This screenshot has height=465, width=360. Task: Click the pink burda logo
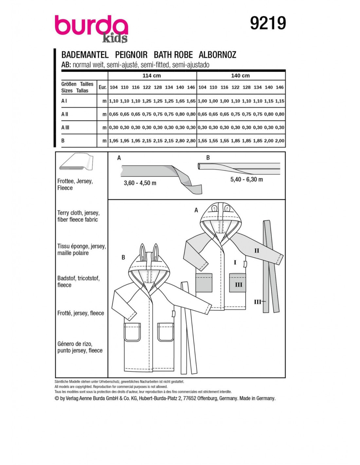coord(91,27)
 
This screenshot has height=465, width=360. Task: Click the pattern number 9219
coord(268,23)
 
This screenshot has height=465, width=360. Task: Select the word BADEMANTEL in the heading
coord(85,55)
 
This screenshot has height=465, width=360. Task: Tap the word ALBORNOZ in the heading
coord(217,55)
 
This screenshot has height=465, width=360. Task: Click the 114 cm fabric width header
coord(152,76)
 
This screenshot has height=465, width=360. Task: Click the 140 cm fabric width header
coord(240,76)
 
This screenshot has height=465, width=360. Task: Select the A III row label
coord(65,128)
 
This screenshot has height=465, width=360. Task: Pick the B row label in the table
coord(63,141)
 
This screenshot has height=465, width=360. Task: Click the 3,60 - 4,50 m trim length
coord(140,183)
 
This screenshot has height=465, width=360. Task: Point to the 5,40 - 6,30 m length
coord(246,179)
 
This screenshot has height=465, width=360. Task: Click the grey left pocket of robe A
coord(204,282)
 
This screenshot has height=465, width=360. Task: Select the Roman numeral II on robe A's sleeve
coord(257,250)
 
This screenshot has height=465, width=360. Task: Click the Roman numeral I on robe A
coord(235,262)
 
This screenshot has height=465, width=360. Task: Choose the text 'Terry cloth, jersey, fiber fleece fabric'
coord(78,216)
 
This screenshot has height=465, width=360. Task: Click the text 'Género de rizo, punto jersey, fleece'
coord(80,347)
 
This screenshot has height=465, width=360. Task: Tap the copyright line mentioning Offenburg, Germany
coord(165,398)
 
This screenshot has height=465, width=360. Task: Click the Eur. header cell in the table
coord(102,87)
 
